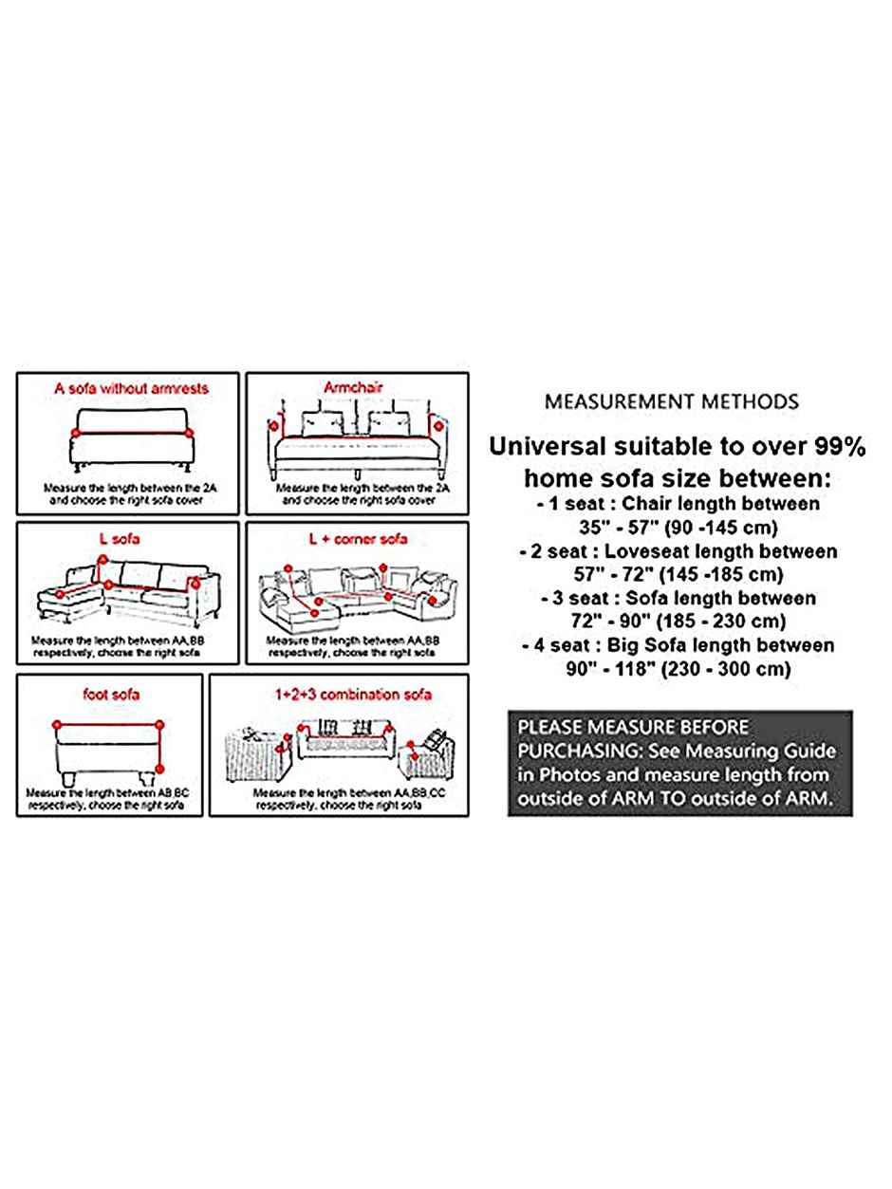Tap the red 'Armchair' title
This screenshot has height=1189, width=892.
351,388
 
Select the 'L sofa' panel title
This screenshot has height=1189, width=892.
120,539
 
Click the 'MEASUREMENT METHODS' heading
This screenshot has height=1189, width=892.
671,401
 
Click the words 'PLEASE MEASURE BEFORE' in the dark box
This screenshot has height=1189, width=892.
633,728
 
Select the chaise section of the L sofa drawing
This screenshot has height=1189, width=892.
68,598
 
